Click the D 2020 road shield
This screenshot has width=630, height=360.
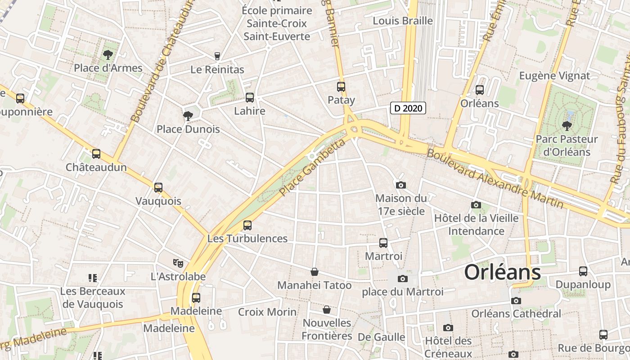pyautogui.click(x=408, y=108)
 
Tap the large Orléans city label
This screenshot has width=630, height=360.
pyautogui.click(x=502, y=272)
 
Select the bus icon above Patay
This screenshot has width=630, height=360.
pyautogui.click(x=341, y=87)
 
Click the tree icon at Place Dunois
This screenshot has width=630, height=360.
pyautogui.click(x=188, y=116)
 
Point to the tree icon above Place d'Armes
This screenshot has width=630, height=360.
pyautogui.click(x=108, y=55)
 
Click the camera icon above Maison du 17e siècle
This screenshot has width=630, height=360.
pyautogui.click(x=400, y=185)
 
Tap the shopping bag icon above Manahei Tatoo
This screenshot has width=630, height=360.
pyautogui.click(x=315, y=272)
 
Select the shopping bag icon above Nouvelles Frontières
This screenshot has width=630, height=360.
pyautogui.click(x=327, y=310)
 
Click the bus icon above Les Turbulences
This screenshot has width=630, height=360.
pyautogui.click(x=247, y=225)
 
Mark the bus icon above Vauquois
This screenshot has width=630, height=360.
pyautogui.click(x=158, y=188)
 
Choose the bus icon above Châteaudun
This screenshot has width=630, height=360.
pyautogui.click(x=96, y=154)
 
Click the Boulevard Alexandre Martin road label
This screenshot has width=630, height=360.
pyautogui.click(x=495, y=179)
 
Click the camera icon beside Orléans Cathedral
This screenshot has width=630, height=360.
pyautogui.click(x=516, y=301)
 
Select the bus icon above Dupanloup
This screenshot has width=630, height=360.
pyautogui.click(x=583, y=271)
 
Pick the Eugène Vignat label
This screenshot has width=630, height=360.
pyautogui.click(x=554, y=76)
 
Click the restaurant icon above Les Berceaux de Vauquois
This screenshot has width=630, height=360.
pyautogui.click(x=93, y=278)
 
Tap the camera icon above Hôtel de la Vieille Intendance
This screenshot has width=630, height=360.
pyautogui.click(x=476, y=205)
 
